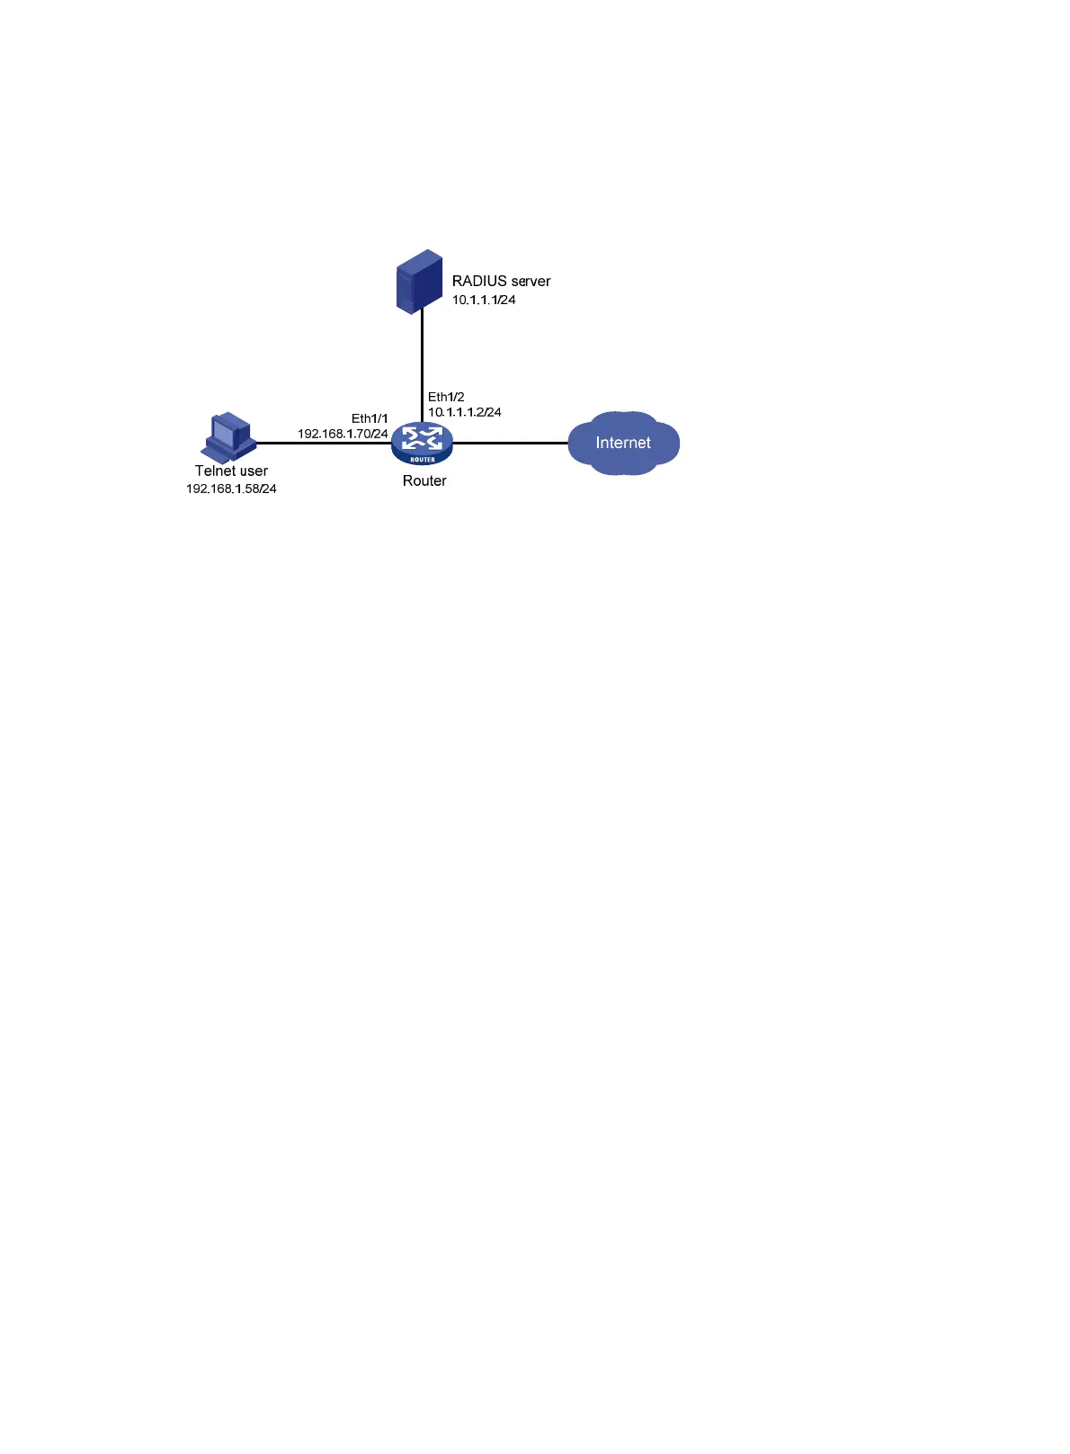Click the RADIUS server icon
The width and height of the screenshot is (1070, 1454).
pyautogui.click(x=419, y=282)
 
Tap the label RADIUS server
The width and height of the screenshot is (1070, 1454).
pyautogui.click(x=501, y=282)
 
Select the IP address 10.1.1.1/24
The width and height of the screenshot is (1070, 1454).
pyautogui.click(x=484, y=301)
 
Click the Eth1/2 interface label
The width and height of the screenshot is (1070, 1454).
pyautogui.click(x=446, y=397)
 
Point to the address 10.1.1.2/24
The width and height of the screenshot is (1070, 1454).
pyautogui.click(x=464, y=412)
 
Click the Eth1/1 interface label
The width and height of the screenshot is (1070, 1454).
pyautogui.click(x=370, y=418)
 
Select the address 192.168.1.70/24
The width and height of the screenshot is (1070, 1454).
pyautogui.click(x=343, y=434)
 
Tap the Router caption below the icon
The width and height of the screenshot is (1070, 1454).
pyautogui.click(x=424, y=481)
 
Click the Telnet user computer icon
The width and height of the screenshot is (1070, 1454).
pyautogui.click(x=229, y=437)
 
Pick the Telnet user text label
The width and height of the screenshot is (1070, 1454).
pyautogui.click(x=231, y=471)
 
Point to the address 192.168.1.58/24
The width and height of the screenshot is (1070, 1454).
pyautogui.click(x=231, y=489)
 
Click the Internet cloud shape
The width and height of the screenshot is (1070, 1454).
pyautogui.click(x=623, y=443)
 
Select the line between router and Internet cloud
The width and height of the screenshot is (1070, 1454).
pyautogui.click(x=510, y=443)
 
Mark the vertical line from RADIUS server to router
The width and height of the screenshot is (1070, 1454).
pyautogui.click(x=422, y=364)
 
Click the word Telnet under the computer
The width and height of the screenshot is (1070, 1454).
pyautogui.click(x=215, y=471)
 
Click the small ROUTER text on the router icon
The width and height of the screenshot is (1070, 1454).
pyautogui.click(x=423, y=460)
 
